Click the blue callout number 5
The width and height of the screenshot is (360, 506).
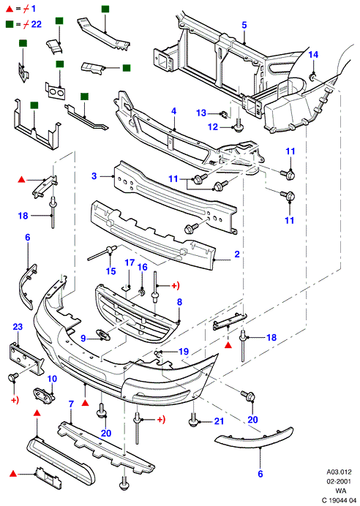click(x=244, y=25)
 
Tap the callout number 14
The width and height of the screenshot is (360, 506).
click(x=313, y=55)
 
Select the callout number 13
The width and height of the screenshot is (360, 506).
click(x=201, y=113)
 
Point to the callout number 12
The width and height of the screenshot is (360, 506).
click(x=213, y=126)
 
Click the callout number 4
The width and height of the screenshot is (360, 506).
click(x=173, y=111)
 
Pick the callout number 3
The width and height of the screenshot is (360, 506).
click(x=94, y=176)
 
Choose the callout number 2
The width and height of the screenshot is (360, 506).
click(x=237, y=254)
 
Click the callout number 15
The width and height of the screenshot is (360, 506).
click(x=110, y=271)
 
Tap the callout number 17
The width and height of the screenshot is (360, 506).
click(x=130, y=263)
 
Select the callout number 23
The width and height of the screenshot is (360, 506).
click(x=18, y=327)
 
